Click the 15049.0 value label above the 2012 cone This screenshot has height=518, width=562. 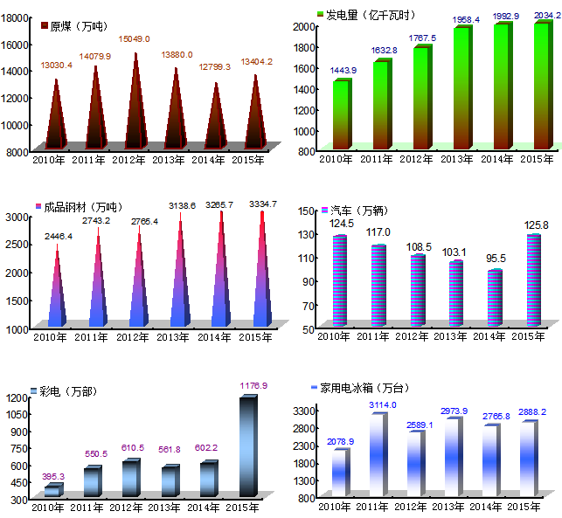pyautogui.click(x=135, y=39)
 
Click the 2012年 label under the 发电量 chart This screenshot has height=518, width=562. pyautogui.click(x=417, y=159)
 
